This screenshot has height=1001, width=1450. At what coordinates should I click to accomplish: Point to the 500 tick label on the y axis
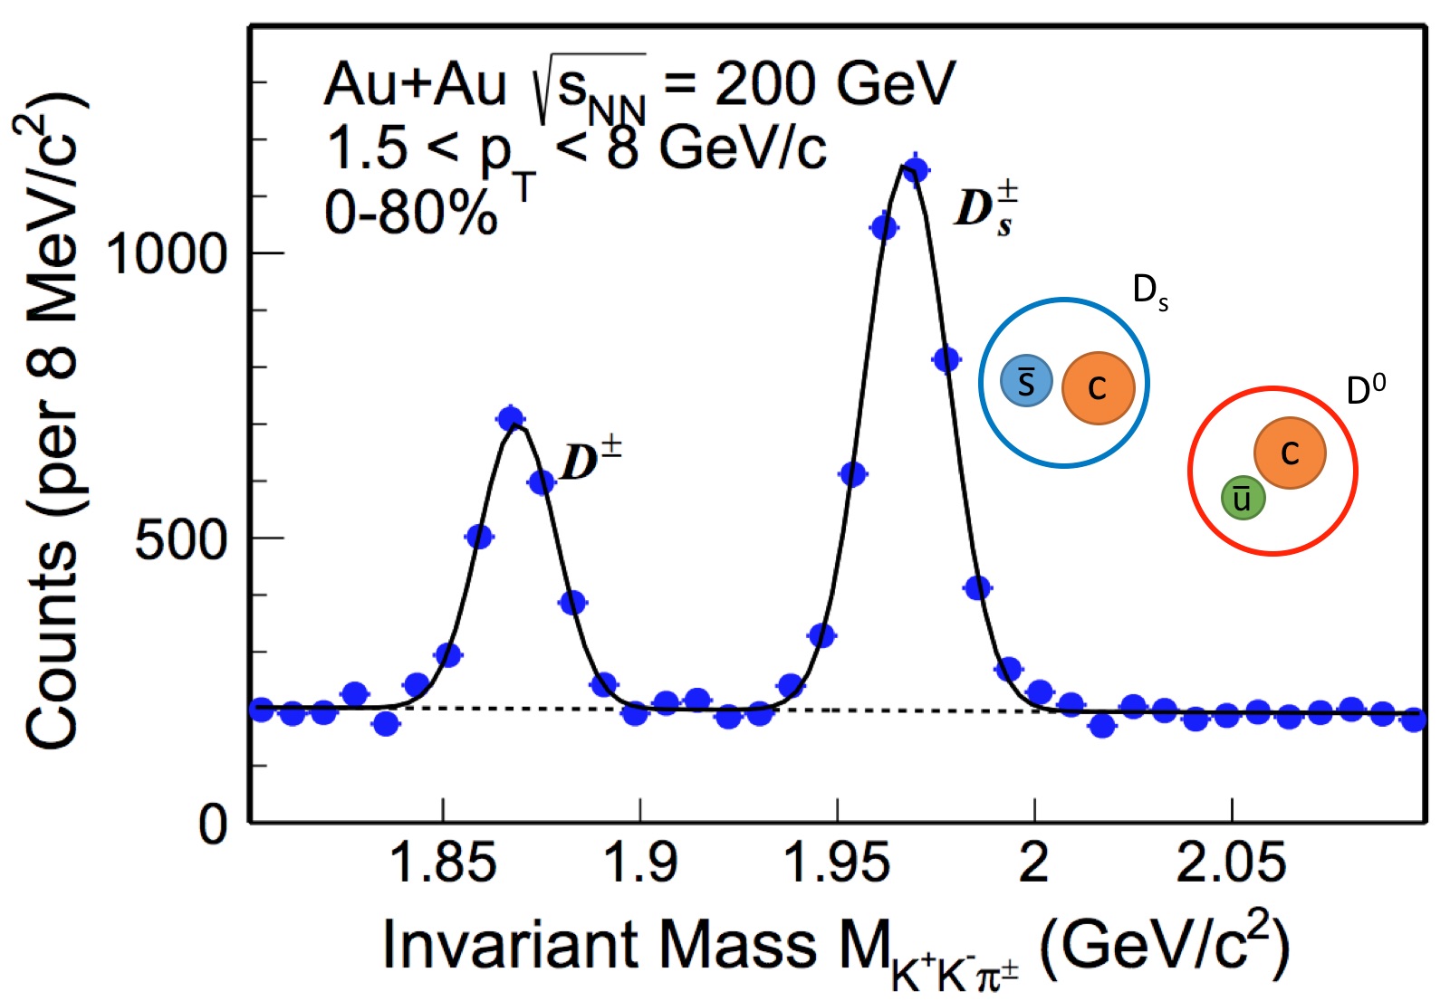tap(180, 540)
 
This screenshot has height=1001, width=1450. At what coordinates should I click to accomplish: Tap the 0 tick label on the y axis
tap(214, 825)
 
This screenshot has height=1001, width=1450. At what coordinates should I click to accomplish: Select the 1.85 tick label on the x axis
tap(442, 862)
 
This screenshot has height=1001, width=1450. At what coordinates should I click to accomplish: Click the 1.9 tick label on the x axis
tap(639, 862)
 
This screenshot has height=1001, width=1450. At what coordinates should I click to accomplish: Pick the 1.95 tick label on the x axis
tap(837, 862)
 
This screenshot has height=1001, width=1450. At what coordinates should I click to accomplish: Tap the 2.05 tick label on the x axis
tap(1231, 862)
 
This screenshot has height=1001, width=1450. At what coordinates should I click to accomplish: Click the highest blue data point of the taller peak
tap(915, 169)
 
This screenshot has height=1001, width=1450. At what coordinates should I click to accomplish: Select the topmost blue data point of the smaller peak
tap(511, 419)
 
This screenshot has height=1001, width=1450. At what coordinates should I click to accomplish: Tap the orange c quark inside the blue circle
tap(1098, 387)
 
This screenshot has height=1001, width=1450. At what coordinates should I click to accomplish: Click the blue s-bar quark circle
tap(1026, 381)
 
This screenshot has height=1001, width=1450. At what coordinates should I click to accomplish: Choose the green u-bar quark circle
tap(1243, 498)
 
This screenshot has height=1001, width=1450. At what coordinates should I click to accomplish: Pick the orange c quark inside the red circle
tap(1290, 453)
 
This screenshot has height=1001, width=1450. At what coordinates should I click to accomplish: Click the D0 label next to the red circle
tap(1366, 389)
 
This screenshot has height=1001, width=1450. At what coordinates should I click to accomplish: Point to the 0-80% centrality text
tap(411, 214)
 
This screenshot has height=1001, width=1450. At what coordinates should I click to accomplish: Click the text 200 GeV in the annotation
tap(834, 85)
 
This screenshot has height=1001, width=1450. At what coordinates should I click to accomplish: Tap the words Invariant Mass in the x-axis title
tap(599, 944)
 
